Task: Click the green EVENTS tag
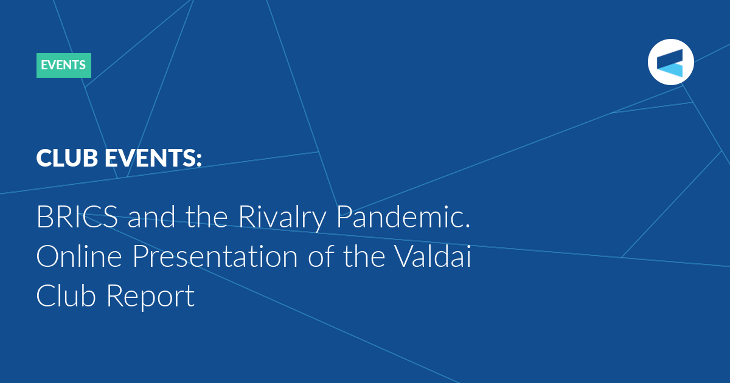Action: [63, 65]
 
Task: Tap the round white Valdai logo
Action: [670, 62]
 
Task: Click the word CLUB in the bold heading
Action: [67, 158]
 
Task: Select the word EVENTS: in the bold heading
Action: [153, 158]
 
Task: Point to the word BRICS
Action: [77, 217]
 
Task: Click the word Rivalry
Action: [282, 218]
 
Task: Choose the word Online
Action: [79, 256]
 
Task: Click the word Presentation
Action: [215, 257]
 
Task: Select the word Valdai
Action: [433, 256]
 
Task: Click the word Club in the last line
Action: [66, 295]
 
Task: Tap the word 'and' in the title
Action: [151, 217]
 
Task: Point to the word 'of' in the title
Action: [321, 256]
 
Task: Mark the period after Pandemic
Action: [468, 226]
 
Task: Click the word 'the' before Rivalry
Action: [207, 217]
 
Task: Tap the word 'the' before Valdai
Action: [364, 256]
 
